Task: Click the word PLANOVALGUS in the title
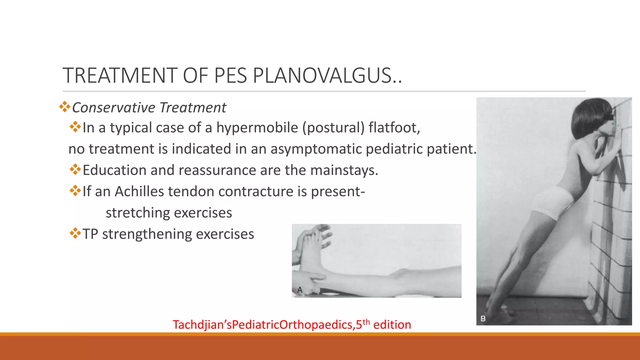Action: [x=327, y=76]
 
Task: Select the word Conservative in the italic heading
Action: [x=113, y=108]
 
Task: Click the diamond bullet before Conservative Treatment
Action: [x=65, y=107]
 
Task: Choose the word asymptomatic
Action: [x=316, y=149]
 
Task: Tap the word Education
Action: [x=114, y=170]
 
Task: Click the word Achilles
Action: [x=139, y=192]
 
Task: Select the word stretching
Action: [x=137, y=213]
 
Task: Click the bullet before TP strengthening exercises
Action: [x=75, y=233]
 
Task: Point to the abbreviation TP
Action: [x=90, y=234]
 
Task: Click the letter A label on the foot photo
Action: [x=300, y=290]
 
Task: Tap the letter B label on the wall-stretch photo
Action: [x=483, y=319]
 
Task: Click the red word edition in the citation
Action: [x=392, y=325]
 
